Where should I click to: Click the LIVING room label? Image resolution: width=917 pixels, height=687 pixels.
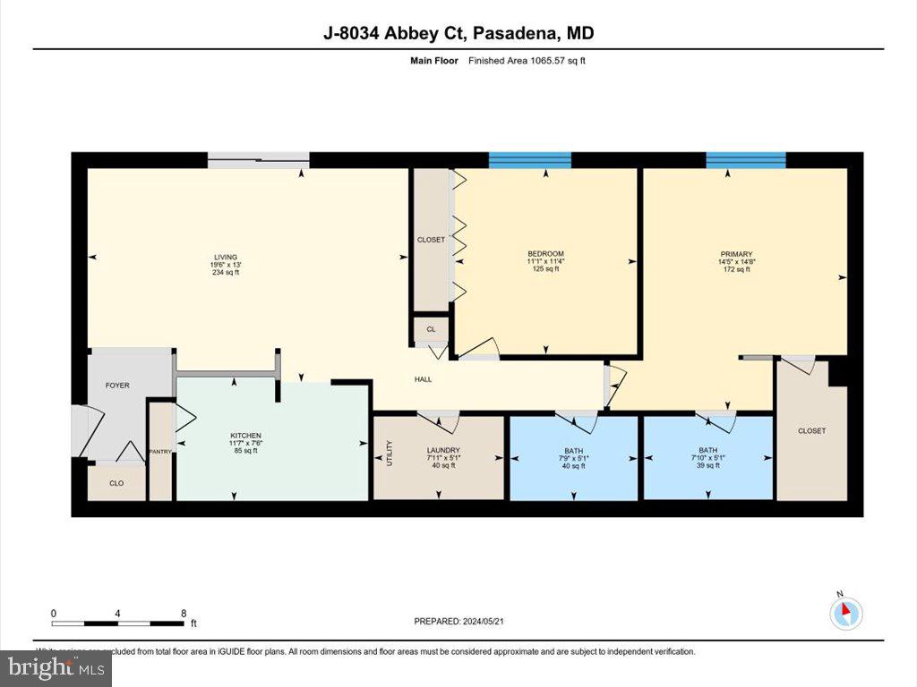(226, 257)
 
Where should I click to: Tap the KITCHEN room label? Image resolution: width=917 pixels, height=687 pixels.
(244, 436)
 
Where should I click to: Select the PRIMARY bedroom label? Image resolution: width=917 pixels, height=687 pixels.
(736, 254)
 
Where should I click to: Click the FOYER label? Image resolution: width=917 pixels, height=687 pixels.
(117, 386)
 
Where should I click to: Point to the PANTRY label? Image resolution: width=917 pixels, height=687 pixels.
(161, 452)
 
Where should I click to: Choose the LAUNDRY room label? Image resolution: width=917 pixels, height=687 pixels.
(443, 450)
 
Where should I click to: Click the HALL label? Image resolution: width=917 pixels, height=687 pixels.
(423, 379)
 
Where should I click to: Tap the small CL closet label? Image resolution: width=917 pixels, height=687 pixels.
(431, 329)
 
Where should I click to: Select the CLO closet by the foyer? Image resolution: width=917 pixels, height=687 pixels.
(116, 483)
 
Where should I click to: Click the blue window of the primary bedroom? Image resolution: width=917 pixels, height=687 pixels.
(746, 160)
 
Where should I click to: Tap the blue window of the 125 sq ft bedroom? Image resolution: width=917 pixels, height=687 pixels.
(529, 160)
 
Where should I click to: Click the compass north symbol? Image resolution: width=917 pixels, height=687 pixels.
(845, 613)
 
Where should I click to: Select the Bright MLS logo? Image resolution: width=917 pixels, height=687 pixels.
(56, 667)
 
